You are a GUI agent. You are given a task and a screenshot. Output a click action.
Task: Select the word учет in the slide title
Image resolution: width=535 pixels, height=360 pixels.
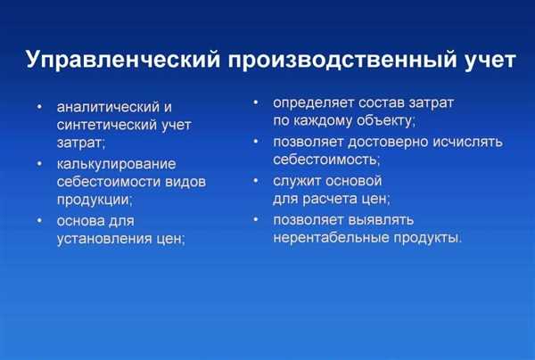(x=490, y=61)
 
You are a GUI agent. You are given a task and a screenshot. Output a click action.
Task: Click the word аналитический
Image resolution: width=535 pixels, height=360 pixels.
(x=108, y=107)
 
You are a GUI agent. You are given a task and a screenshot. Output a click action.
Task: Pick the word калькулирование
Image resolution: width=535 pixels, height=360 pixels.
(x=116, y=164)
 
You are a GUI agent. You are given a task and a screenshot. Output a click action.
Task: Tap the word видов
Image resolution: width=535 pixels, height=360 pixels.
(x=185, y=182)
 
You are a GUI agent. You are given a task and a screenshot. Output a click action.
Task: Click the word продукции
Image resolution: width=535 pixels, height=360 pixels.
(x=93, y=200)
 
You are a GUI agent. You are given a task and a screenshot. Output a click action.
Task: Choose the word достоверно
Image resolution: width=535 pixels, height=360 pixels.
(x=388, y=143)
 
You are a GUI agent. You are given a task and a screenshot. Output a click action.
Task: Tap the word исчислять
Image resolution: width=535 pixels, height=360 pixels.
(x=468, y=143)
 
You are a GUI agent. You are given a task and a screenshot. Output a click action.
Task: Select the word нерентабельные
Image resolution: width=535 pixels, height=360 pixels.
(x=331, y=238)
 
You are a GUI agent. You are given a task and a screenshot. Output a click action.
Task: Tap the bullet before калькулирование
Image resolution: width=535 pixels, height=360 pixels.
(x=39, y=164)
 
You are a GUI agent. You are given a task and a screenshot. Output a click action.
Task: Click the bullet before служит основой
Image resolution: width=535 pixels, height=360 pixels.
(x=256, y=181)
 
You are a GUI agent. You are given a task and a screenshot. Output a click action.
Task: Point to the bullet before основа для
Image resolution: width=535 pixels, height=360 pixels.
(x=39, y=221)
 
